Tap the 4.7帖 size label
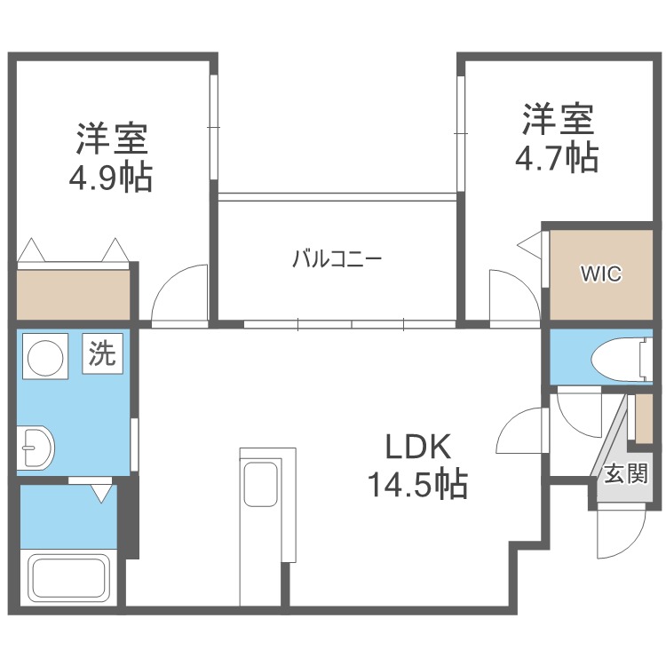557,157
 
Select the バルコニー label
337,258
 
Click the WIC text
601,274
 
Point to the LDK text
418,447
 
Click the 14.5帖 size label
417,483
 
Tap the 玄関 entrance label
626,473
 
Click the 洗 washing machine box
102,353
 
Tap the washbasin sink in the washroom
36,448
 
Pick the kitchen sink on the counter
261,483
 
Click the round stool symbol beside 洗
45,357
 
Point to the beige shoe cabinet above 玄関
644,419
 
